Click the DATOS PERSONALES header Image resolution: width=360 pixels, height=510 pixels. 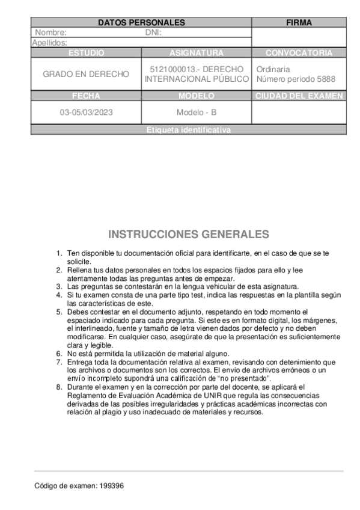pos(141,22)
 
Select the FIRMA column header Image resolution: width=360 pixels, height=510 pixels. pos(299,22)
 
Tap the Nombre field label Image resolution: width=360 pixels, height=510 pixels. pos(51,32)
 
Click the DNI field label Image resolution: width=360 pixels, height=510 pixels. pos(154,32)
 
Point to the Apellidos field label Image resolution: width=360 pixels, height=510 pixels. pos(50,43)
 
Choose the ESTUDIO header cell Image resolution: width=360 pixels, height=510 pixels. pos(86,53)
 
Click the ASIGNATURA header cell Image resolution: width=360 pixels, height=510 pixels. pos(197,53)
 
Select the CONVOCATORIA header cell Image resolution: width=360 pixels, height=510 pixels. pos(299,53)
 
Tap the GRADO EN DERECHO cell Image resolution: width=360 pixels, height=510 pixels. pos(86,74)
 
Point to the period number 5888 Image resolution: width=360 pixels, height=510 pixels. pos(325,79)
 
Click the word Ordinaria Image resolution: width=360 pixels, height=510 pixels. pos(273,69)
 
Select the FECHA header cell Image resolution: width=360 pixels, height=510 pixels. pos(86,96)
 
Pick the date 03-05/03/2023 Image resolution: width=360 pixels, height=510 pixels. pos(86,112)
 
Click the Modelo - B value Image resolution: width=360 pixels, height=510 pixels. pos(197,112)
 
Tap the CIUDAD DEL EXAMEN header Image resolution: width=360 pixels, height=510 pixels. pos(299,96)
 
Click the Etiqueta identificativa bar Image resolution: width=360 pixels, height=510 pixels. pos(188,130)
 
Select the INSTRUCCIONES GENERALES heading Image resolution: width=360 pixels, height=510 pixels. pos(189,234)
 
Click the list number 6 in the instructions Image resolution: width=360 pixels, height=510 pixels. pos(59,354)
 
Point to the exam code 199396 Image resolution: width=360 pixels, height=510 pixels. pos(112,485)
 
